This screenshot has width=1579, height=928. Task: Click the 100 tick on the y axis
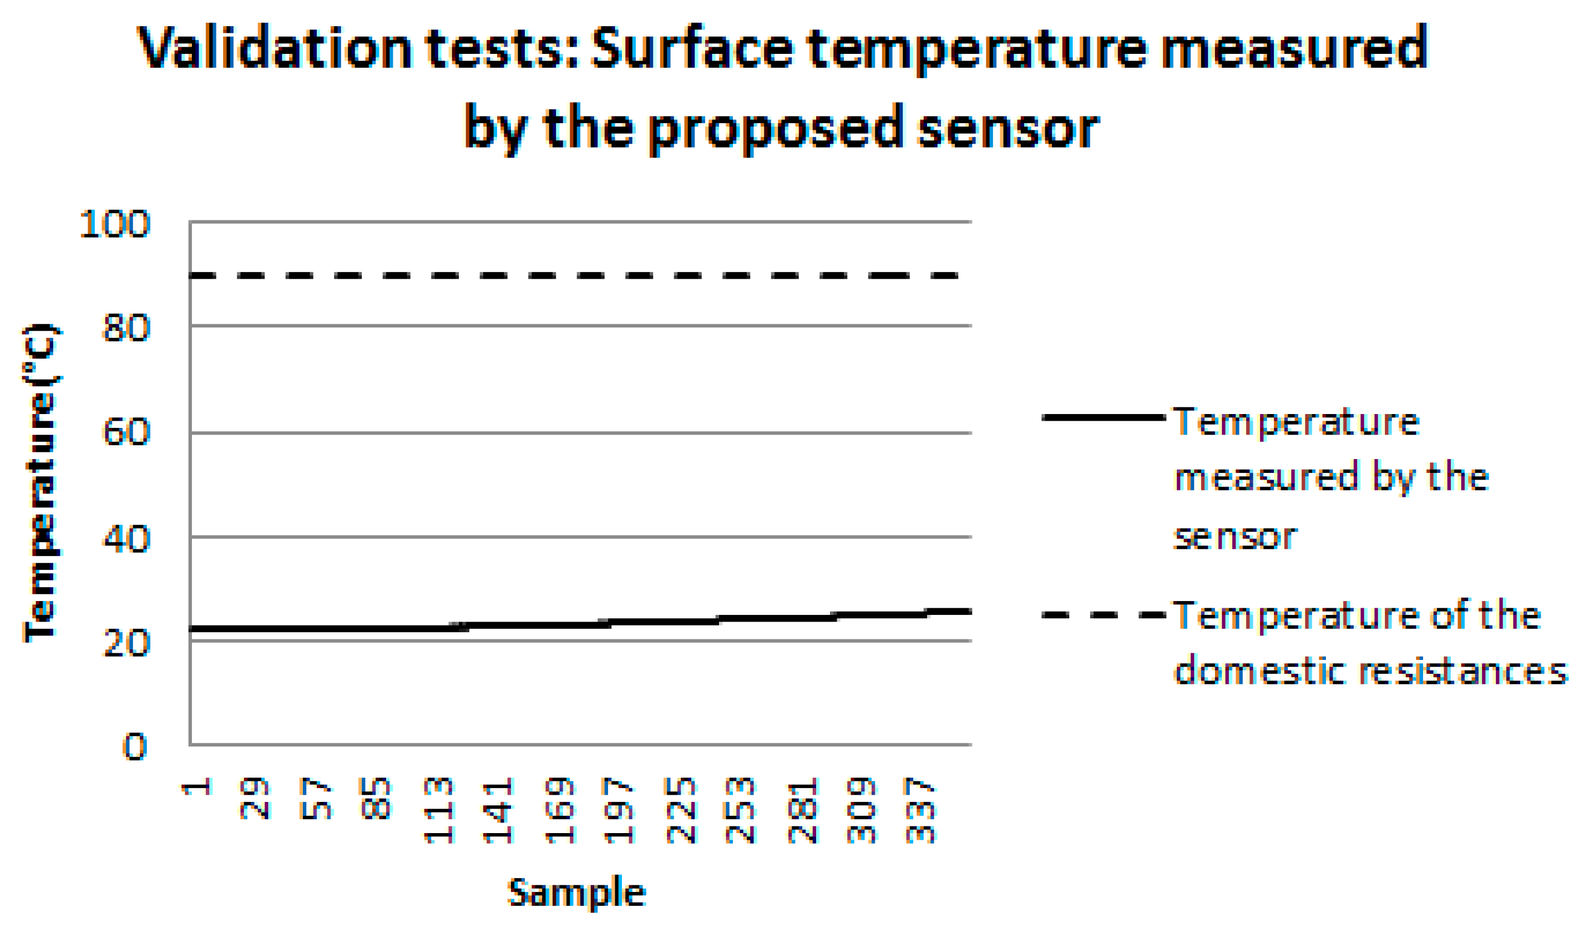[115, 224]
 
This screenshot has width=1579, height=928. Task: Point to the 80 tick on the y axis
[126, 327]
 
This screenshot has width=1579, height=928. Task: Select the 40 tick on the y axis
[126, 538]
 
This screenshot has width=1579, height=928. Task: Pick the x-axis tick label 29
[255, 798]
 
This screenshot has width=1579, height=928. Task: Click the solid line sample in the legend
[1103, 417]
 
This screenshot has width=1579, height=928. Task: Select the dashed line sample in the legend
[1103, 615]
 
